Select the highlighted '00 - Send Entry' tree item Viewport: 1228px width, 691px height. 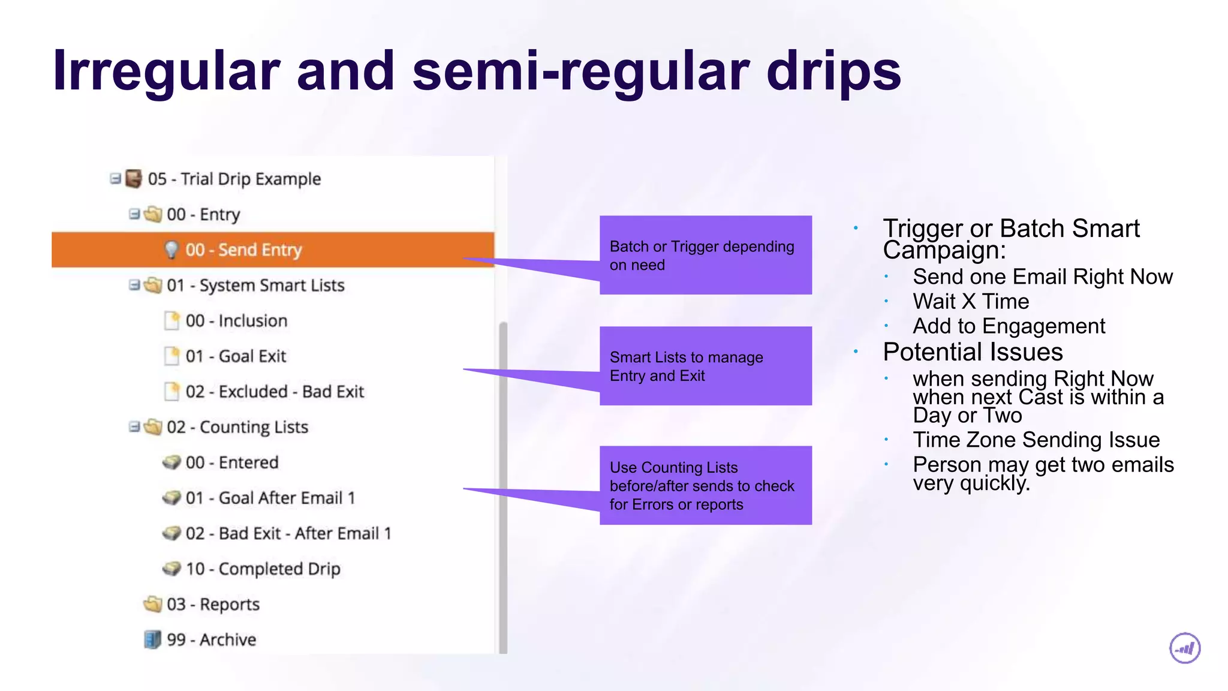[x=243, y=250]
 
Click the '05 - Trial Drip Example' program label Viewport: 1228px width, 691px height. [x=234, y=179]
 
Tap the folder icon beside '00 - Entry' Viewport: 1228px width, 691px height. [x=153, y=214]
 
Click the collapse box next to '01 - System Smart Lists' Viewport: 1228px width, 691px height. [x=134, y=285]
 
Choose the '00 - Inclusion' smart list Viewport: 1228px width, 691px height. [x=236, y=321]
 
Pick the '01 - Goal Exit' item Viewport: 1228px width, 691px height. [x=236, y=356]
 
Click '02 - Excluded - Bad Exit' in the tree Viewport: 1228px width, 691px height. [x=275, y=392]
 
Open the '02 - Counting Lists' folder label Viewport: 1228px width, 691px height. [x=237, y=427]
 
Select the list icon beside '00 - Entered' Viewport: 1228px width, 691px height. [x=171, y=462]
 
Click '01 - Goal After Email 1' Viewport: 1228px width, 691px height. [x=270, y=498]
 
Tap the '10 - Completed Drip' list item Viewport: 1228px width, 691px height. [x=263, y=569]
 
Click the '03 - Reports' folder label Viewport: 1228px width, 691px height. [x=213, y=604]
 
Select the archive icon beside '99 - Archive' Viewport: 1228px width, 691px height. [x=153, y=639]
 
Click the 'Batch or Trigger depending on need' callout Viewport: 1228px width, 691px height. [x=705, y=256]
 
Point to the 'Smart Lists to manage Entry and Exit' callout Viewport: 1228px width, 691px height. [x=705, y=366]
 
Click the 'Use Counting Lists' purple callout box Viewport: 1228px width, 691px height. [x=705, y=486]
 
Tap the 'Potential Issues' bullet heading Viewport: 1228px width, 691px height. [x=973, y=352]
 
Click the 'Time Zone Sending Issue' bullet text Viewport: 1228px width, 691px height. [x=1036, y=440]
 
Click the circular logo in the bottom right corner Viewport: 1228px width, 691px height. [x=1185, y=648]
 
